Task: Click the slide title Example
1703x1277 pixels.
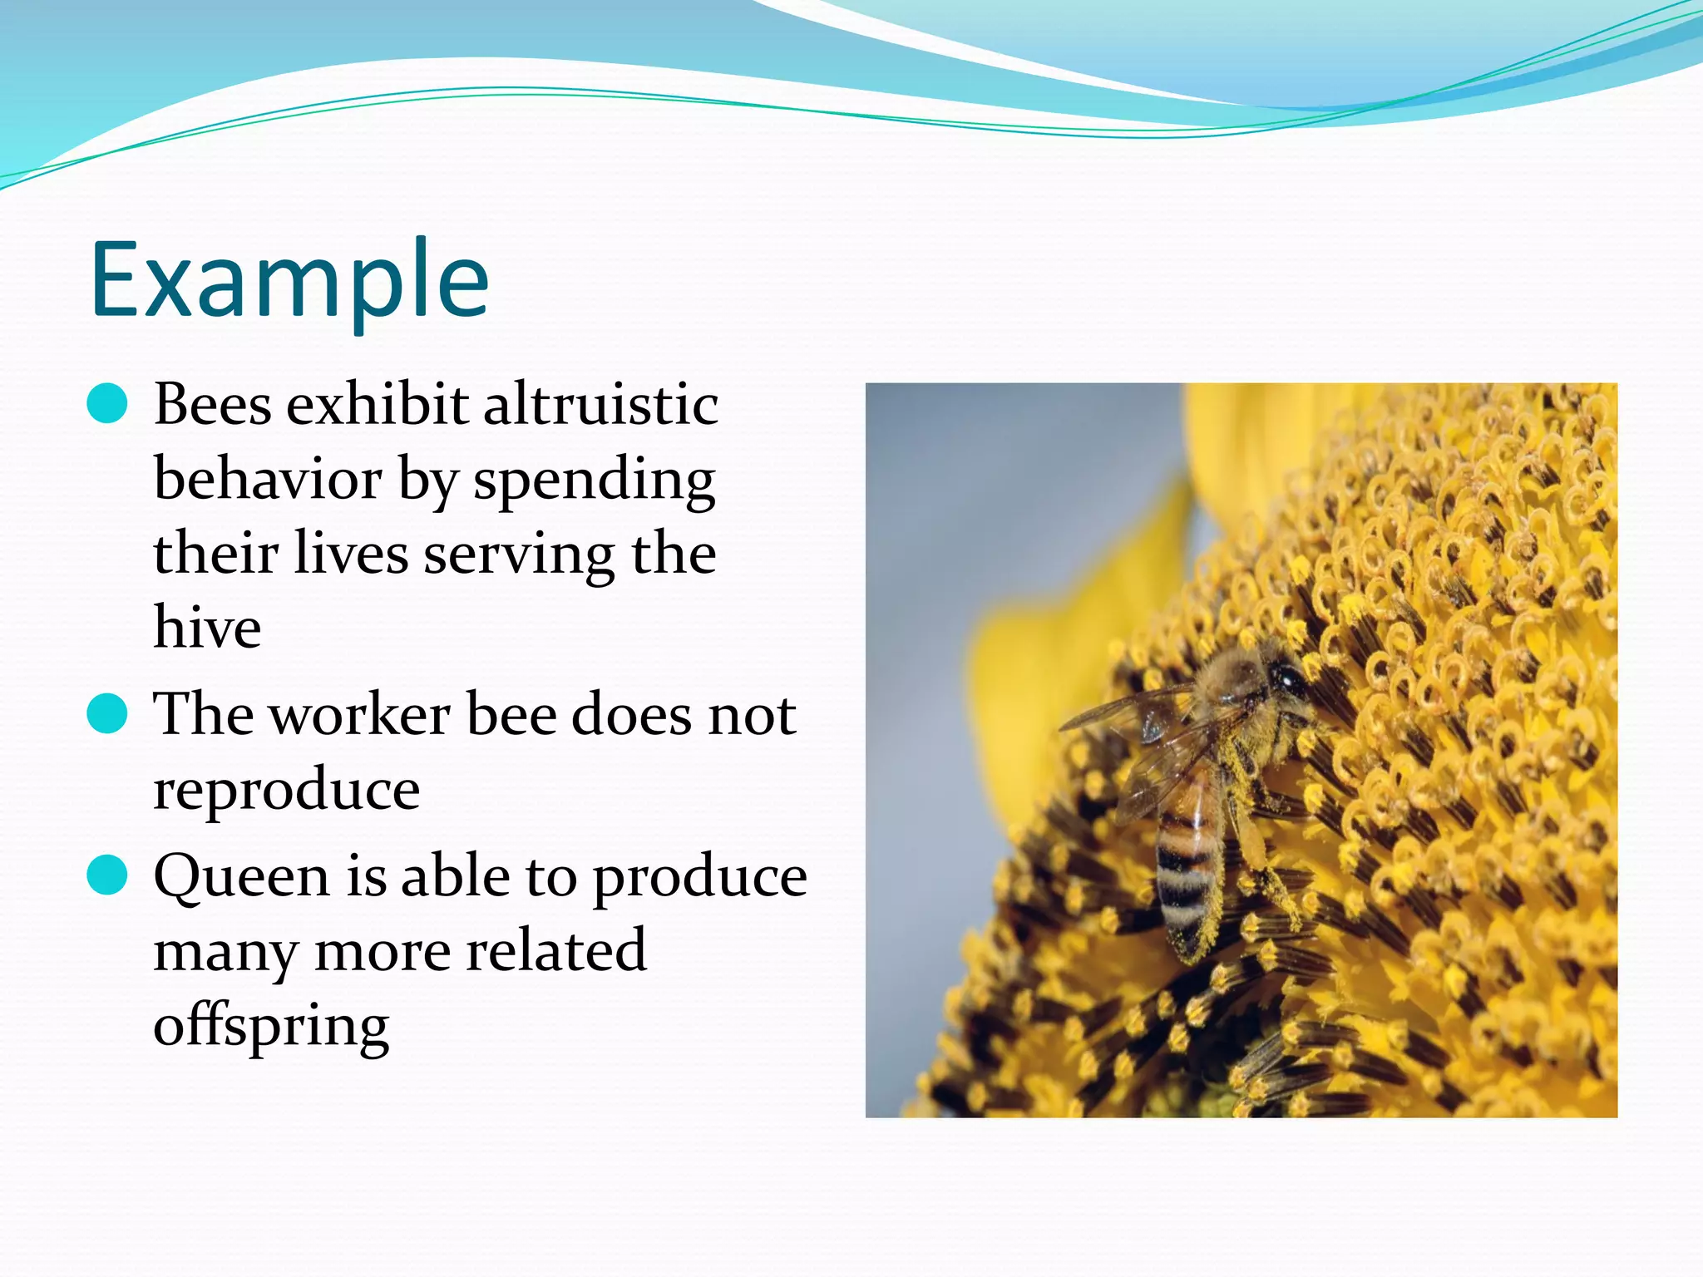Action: point(289,279)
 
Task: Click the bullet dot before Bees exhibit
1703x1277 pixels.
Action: point(107,404)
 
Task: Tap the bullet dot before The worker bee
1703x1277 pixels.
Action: point(107,714)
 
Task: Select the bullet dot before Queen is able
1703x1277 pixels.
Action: point(107,875)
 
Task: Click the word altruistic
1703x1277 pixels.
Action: point(600,404)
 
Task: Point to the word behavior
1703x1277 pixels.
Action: point(268,479)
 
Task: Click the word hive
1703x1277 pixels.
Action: point(207,627)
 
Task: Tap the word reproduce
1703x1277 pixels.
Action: point(287,790)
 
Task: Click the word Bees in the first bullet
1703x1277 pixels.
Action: point(213,404)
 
